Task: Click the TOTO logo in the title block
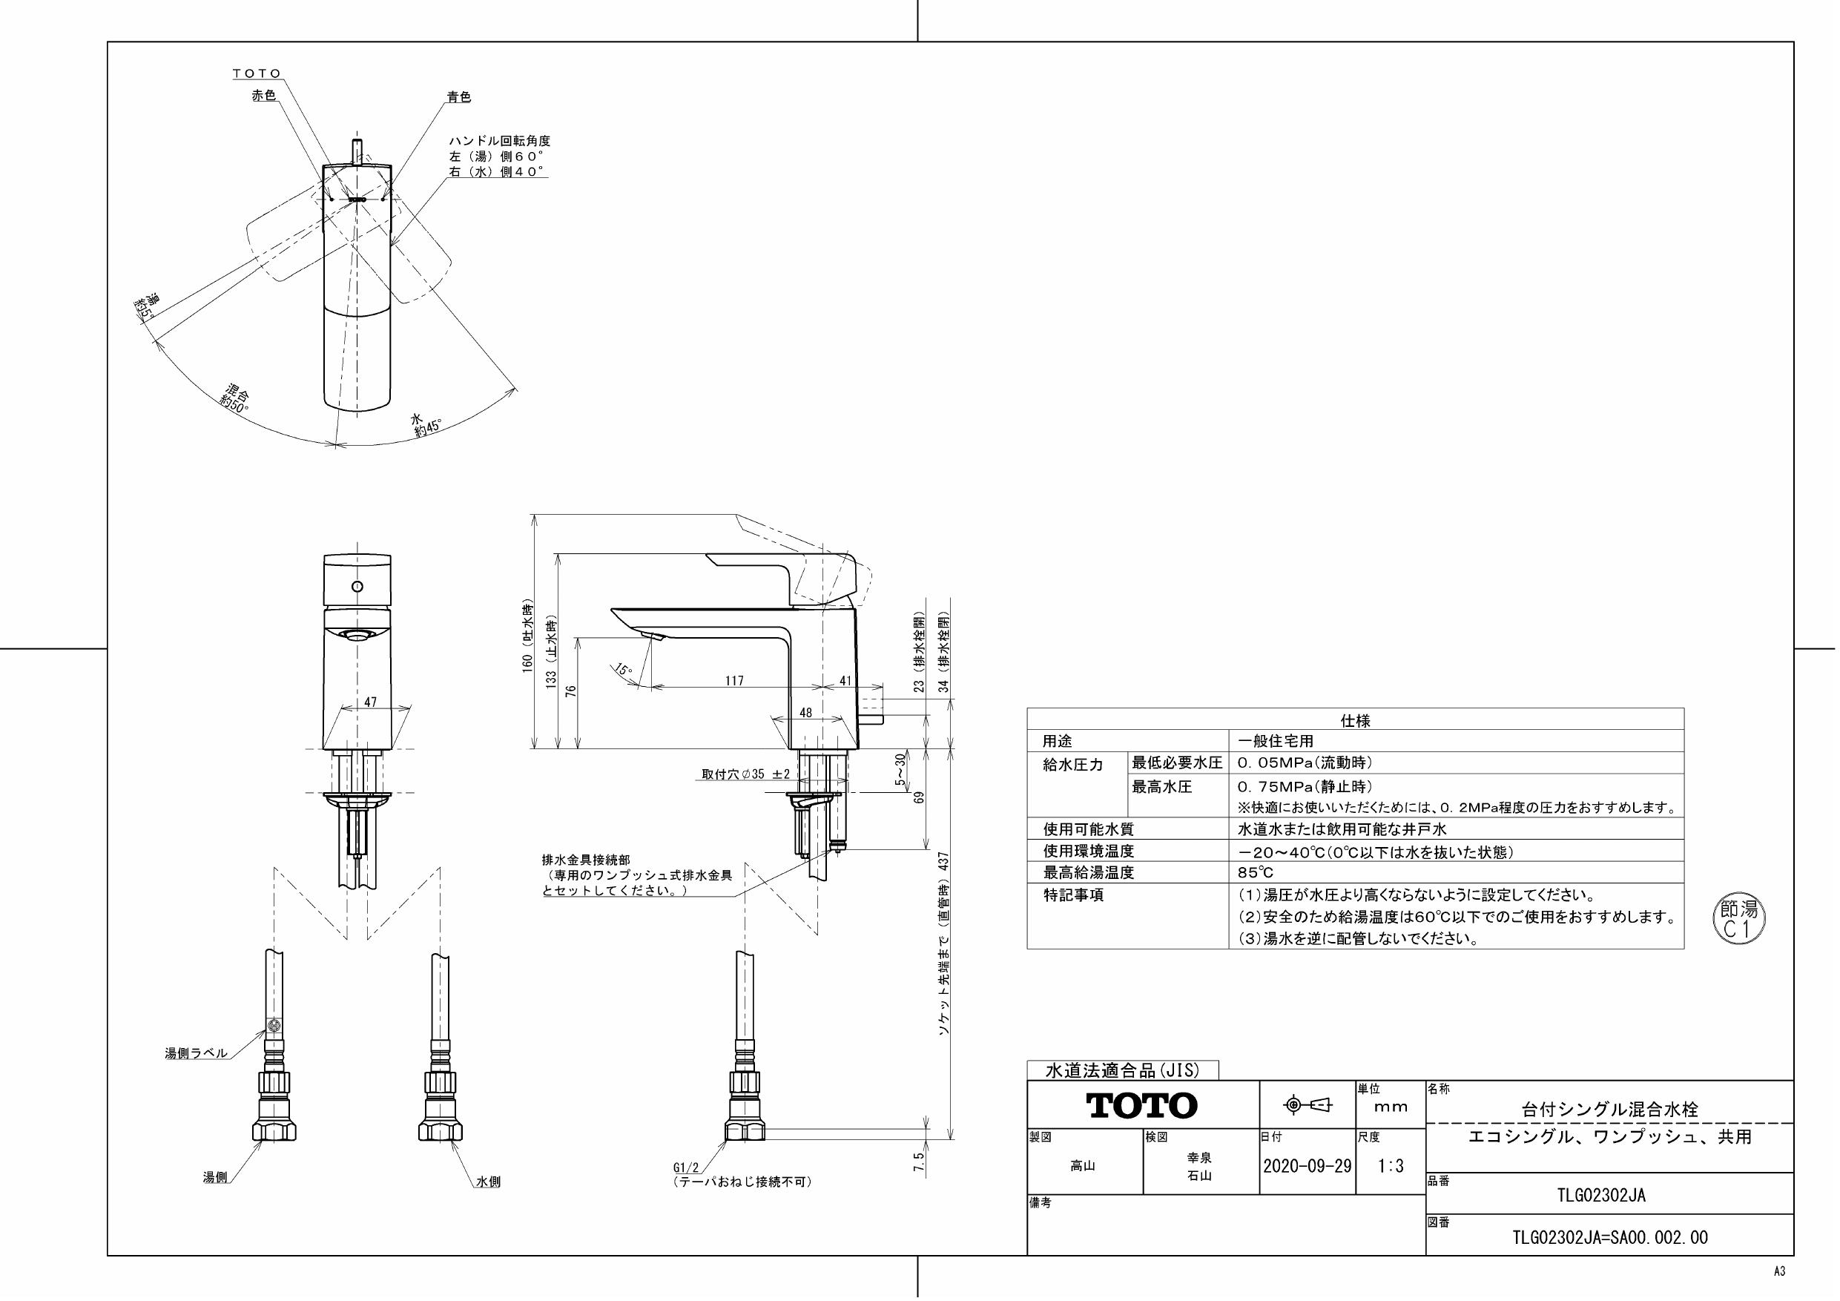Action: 1142,1105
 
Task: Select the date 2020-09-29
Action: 1307,1166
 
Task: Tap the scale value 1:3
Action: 1391,1166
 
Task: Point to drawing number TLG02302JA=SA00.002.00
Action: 1610,1238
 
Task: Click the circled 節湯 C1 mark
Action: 1739,920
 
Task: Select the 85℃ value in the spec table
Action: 1255,872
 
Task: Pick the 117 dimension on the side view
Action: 734,681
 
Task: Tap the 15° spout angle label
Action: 624,669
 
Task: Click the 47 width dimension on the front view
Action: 369,702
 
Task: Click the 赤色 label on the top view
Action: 264,95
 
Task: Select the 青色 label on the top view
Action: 459,97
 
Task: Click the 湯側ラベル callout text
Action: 197,1053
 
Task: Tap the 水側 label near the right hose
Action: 488,1182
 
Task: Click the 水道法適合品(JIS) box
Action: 1122,1070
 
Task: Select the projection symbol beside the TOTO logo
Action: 1308,1105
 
